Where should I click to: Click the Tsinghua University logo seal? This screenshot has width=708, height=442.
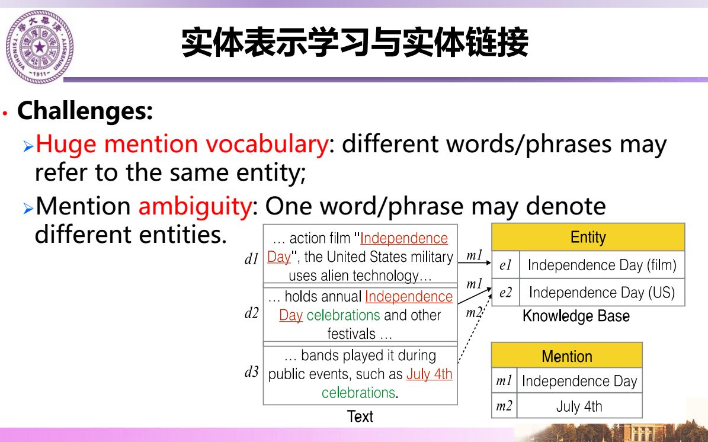tap(39, 47)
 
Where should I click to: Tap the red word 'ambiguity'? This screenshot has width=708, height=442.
tap(195, 207)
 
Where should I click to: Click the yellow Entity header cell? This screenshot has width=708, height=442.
tap(588, 237)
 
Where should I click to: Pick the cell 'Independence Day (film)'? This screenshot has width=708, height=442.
tap(602, 265)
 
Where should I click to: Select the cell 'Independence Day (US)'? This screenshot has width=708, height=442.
tap(602, 293)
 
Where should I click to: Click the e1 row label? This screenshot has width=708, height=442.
tap(505, 265)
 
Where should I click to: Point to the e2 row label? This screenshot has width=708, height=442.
tap(505, 293)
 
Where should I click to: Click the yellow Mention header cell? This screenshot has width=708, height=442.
tap(566, 355)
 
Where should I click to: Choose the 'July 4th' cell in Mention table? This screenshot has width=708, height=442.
tap(579, 406)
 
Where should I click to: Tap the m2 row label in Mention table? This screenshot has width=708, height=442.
tap(504, 406)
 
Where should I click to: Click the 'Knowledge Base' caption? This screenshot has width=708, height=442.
tap(576, 316)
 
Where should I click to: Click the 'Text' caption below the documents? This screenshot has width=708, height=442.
tap(360, 417)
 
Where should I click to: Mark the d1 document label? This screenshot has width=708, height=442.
tap(251, 259)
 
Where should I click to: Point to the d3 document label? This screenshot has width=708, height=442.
tap(251, 371)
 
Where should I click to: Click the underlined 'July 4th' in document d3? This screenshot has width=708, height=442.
tap(429, 374)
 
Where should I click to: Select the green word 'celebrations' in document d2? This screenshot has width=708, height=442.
tap(343, 315)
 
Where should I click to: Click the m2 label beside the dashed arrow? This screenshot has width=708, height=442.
tap(473, 312)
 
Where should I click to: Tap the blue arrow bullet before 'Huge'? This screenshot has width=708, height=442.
tap(28, 146)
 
